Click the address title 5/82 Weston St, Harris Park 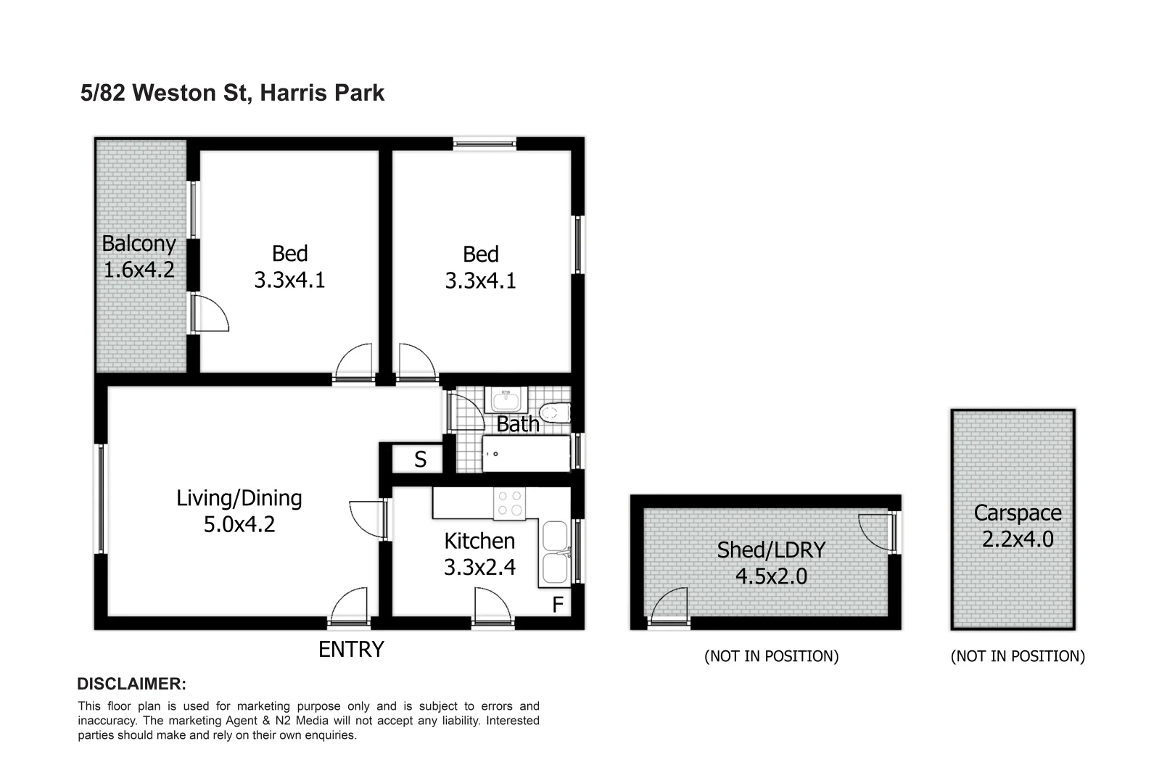(x=232, y=93)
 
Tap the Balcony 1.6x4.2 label (x=139, y=257)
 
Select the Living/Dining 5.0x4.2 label (x=239, y=510)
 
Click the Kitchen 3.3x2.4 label (x=479, y=553)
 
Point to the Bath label (x=518, y=423)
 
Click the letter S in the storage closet (x=420, y=460)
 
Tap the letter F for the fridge (x=558, y=605)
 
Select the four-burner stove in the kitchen (x=509, y=504)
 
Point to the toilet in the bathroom (x=555, y=412)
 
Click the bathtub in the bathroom (x=526, y=454)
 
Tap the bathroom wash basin (x=506, y=399)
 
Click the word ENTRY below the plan (x=351, y=650)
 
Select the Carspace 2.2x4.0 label (x=1017, y=526)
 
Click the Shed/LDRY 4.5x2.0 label (x=771, y=563)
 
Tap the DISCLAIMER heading (x=132, y=684)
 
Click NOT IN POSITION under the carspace (x=1018, y=656)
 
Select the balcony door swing (x=210, y=313)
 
